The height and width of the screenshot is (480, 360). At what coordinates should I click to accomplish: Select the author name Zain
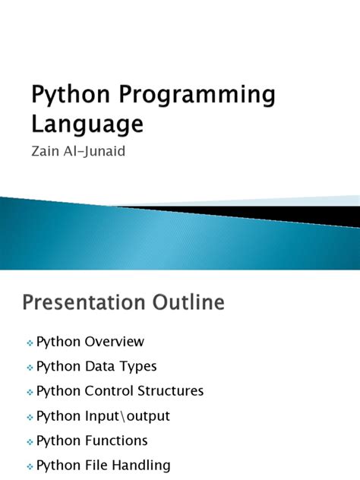44,152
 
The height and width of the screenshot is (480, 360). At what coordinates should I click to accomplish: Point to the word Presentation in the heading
85,303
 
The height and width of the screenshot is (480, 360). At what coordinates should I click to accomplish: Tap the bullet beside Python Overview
29,343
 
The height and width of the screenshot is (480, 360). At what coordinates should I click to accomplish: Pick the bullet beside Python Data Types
29,368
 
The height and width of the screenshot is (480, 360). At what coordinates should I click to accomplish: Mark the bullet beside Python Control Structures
29,393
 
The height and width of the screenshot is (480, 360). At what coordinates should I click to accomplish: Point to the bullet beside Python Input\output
29,417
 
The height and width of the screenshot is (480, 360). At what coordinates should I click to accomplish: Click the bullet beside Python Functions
29,442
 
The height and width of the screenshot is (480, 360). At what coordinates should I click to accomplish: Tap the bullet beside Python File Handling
29,466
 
